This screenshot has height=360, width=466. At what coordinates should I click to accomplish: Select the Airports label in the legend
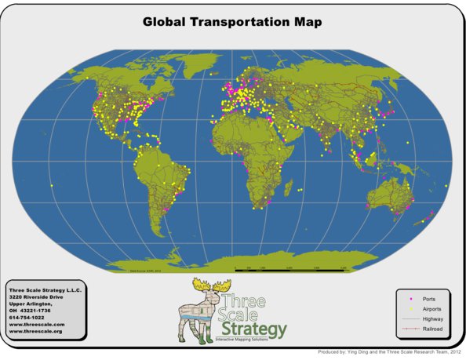pyautogui.click(x=431, y=309)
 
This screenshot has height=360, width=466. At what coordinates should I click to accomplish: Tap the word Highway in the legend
pyautogui.click(x=431, y=319)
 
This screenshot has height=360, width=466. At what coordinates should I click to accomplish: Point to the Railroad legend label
pyautogui.click(x=431, y=329)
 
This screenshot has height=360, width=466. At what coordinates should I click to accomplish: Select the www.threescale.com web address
pyautogui.click(x=37, y=324)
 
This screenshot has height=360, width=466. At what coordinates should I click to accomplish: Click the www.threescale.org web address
pyautogui.click(x=37, y=331)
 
